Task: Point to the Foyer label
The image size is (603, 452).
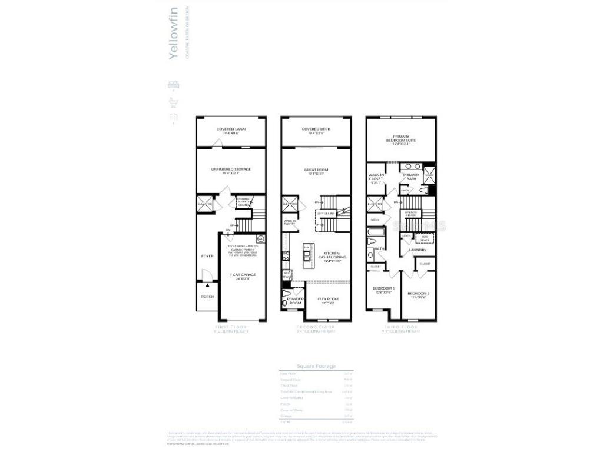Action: [207, 256]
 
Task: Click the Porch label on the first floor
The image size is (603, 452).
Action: [207, 297]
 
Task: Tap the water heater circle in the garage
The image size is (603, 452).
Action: [261, 238]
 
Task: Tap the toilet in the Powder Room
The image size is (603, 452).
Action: [286, 294]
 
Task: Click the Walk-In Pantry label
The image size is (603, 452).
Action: [290, 222]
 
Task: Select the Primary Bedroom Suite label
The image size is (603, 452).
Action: [401, 139]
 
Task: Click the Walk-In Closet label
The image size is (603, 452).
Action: [376, 177]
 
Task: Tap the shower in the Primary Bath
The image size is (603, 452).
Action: [429, 174]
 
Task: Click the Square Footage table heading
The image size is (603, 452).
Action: [316, 366]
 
